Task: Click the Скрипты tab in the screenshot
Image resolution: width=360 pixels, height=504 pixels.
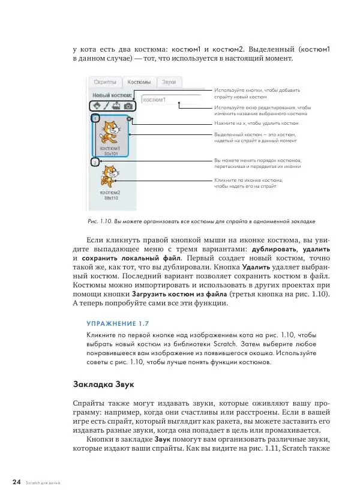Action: [x=103, y=82]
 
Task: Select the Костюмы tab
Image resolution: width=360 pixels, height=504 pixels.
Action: [x=139, y=82]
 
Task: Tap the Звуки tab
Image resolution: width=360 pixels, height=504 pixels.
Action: [x=169, y=82]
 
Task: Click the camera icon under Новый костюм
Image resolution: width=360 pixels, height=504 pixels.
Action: [x=128, y=106]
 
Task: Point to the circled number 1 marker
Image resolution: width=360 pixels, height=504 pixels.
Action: [x=94, y=119]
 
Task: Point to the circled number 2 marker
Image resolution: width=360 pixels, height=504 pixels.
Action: [x=94, y=162]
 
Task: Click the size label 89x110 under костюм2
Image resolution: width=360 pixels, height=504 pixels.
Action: [x=110, y=198]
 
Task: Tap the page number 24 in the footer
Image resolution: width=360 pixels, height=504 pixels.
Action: [x=16, y=482]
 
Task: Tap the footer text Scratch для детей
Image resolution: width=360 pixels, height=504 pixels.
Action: [x=43, y=483]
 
